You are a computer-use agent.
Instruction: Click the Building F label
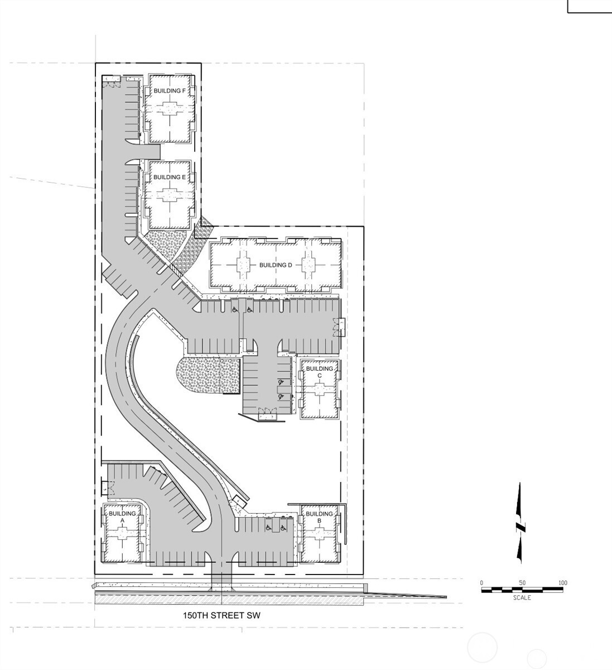(170, 91)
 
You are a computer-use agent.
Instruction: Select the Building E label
(170, 178)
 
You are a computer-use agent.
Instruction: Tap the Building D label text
(276, 265)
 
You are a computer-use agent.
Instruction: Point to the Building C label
(320, 372)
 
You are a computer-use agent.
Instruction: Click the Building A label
(122, 517)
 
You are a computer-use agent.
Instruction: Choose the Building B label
(319, 518)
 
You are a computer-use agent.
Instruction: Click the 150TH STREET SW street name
(221, 615)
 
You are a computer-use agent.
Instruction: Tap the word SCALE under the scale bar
(522, 598)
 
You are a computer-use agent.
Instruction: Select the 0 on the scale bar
(481, 583)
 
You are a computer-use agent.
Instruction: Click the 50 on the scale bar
(522, 583)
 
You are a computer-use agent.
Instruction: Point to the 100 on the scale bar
(563, 583)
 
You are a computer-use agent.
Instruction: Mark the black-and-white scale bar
(522, 590)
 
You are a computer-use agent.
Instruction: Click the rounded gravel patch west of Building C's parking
(208, 376)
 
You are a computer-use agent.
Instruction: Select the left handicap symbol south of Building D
(235, 310)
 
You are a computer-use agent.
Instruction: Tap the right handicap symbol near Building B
(283, 528)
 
